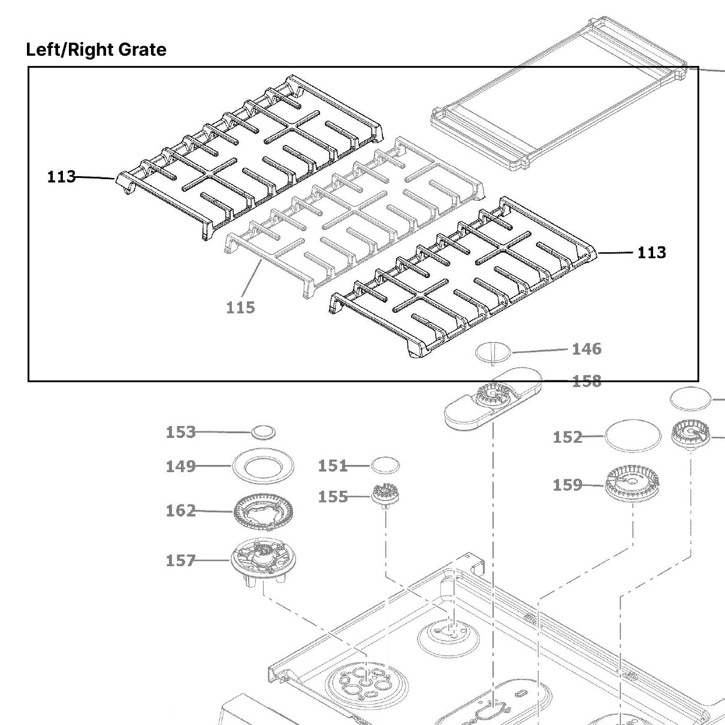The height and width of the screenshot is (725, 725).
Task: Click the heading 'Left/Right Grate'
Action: pos(96,49)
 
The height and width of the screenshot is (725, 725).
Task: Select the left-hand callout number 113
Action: pos(61,177)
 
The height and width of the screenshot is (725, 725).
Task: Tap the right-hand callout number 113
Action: pos(651,252)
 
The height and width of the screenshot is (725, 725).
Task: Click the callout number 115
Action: pos(240,307)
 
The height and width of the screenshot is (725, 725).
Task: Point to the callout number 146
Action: pos(587,349)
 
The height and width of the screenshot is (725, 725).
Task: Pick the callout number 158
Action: pos(587,381)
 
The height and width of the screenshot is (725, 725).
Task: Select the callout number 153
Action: pos(180,432)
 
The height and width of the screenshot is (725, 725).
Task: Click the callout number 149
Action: pos(180,466)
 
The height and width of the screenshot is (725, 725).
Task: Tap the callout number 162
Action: pos(180,510)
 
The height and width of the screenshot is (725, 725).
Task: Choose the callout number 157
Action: pos(180,560)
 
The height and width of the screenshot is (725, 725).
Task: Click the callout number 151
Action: pos(333,466)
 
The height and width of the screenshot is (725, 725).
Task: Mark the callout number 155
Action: pos(333,497)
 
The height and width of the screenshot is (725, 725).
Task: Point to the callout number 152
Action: pos(567,437)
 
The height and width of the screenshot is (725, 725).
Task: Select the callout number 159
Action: pos(567,484)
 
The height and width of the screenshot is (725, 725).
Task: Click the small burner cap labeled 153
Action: pos(264,431)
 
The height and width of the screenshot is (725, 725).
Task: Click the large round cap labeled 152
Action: pos(633,436)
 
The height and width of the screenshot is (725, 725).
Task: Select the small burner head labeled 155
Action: pos(386,496)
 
